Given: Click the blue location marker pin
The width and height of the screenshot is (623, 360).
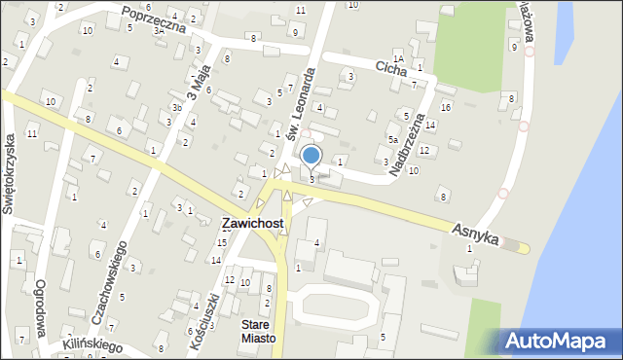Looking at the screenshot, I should (x=311, y=156).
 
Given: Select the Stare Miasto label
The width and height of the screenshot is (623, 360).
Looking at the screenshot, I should (x=259, y=332).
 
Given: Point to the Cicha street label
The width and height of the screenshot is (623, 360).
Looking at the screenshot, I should (x=390, y=67).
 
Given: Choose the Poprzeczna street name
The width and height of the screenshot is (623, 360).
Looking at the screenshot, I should (x=154, y=19).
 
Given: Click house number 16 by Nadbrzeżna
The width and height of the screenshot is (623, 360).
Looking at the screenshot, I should (x=445, y=107).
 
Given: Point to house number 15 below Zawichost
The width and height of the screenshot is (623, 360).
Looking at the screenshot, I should (x=222, y=241).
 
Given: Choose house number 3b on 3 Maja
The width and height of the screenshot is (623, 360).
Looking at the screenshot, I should (x=176, y=107).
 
